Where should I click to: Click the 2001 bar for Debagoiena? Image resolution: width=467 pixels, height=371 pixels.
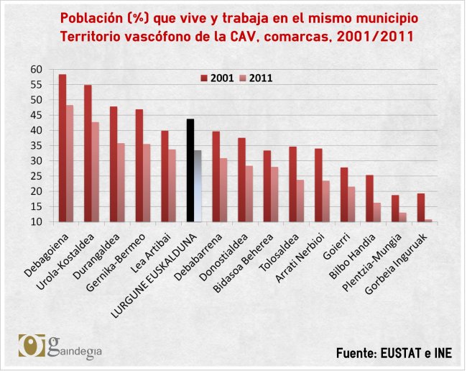pos(63,148)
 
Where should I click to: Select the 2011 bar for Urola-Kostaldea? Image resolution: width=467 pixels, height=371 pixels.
pos(96,172)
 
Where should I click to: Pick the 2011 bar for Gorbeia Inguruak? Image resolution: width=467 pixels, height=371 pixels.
pos(428,221)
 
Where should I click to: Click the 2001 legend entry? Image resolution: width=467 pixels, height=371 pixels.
pos(216,78)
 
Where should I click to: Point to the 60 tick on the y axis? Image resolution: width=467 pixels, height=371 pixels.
pos(36,69)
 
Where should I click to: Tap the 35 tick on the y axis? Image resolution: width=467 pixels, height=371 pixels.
pos(36,146)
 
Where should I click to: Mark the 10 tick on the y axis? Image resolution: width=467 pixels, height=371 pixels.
pos(36,222)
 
